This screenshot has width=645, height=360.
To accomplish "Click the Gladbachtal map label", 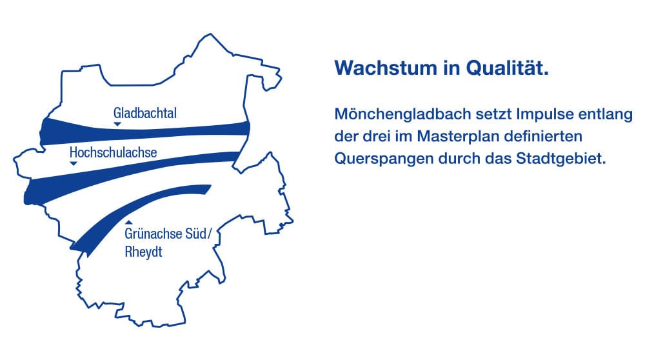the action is pyautogui.click(x=144, y=113).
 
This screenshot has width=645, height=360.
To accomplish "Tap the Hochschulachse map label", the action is pyautogui.click(x=113, y=152).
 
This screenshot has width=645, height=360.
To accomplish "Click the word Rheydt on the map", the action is pyautogui.click(x=144, y=252).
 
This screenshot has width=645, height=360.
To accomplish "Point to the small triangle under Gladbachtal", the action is pyautogui.click(x=117, y=124).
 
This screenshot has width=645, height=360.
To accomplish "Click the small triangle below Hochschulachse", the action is pyautogui.click(x=74, y=163).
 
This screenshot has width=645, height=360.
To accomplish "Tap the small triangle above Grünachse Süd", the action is pyautogui.click(x=129, y=223).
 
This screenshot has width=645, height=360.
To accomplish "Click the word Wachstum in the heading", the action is pyautogui.click(x=386, y=68).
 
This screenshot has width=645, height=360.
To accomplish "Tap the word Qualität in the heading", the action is pyautogui.click(x=507, y=68).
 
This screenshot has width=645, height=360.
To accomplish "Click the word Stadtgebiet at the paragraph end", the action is pyautogui.click(x=561, y=159).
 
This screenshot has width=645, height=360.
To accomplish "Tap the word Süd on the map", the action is pyautogui.click(x=198, y=234).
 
